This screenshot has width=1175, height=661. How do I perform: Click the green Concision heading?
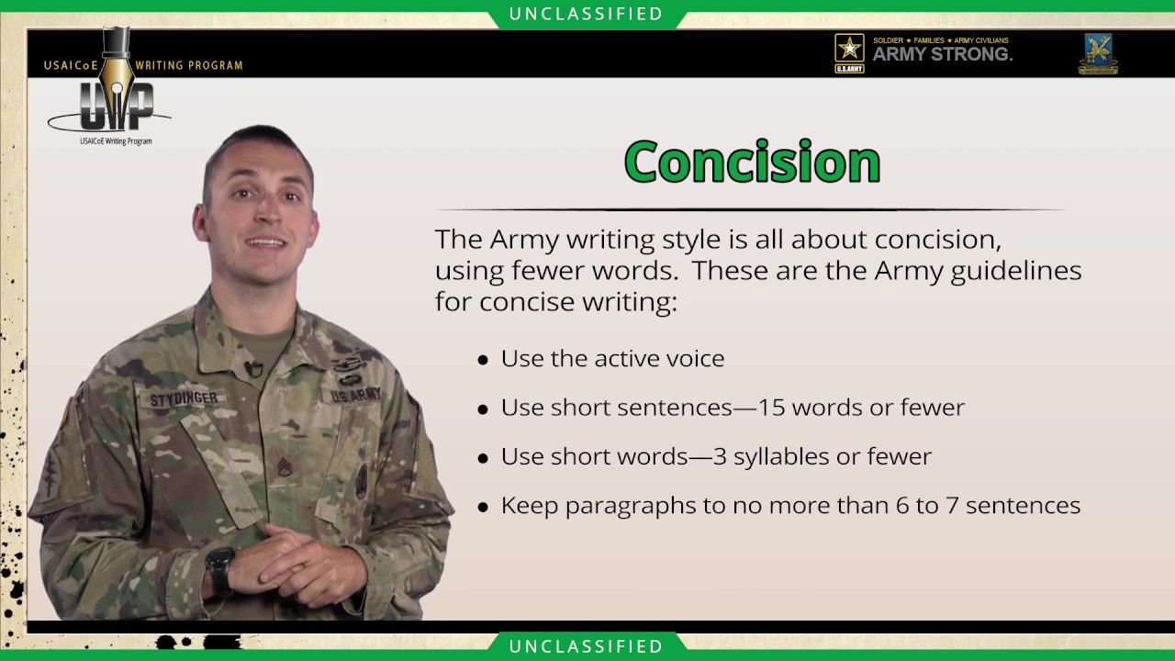[x=752, y=162]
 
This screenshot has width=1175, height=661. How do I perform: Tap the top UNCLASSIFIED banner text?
[x=587, y=14]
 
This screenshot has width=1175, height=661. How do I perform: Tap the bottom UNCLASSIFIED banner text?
[x=587, y=646]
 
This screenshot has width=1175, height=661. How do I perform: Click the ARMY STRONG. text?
[x=942, y=55]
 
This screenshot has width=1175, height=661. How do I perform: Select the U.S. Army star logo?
[x=849, y=51]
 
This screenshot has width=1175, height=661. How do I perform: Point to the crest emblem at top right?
[x=1098, y=52]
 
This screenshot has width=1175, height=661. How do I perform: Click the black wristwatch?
[x=220, y=568]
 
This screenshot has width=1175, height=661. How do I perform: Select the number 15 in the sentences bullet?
[x=772, y=408]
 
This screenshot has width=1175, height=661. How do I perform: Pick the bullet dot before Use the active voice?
[x=483, y=361]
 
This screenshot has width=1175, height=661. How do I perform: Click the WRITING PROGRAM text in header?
[x=189, y=66]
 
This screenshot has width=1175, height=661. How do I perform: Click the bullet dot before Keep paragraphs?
[x=483, y=508]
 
